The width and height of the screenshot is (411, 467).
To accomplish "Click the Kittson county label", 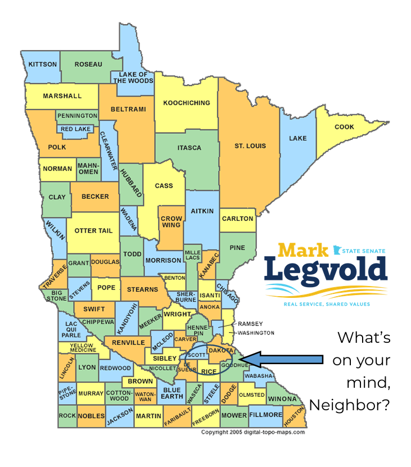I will pyautogui.click(x=43, y=65).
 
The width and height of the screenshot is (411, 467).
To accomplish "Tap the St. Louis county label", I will pyautogui.click(x=250, y=146).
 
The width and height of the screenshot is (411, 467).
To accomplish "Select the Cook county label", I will pyautogui.click(x=344, y=127).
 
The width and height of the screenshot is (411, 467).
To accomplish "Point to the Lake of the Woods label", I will pyautogui.click(x=133, y=78).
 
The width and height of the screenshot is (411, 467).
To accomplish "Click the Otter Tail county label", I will pyautogui.click(x=93, y=231).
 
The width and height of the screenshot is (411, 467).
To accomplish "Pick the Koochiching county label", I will pyautogui.click(x=186, y=103).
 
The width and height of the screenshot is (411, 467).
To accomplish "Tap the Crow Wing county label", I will pyautogui.click(x=171, y=221).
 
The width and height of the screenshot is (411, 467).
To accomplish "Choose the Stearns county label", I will pyautogui.click(x=142, y=289).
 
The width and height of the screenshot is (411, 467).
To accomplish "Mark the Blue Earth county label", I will pyautogui.click(x=171, y=393).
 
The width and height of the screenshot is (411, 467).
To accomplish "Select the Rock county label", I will pyautogui.click(x=67, y=416).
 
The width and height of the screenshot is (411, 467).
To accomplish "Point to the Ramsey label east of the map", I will pyautogui.click(x=250, y=324).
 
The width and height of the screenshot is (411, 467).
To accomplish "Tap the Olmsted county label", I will pyautogui.click(x=251, y=395).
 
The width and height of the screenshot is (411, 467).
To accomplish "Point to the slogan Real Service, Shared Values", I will pyautogui.click(x=326, y=304).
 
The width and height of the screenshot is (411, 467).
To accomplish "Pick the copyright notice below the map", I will pyautogui.click(x=253, y=432).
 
